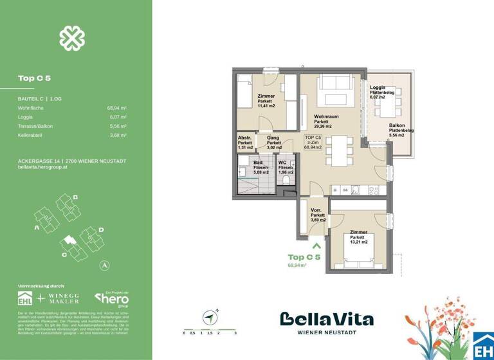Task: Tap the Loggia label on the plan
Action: click(x=378, y=87)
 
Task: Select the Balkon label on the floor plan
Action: click(x=397, y=125)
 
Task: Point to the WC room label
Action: click(x=282, y=163)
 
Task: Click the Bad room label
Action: click(x=257, y=163)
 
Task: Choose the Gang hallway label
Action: click(x=272, y=138)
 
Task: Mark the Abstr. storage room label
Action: click(x=244, y=138)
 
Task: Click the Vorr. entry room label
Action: click(x=317, y=210)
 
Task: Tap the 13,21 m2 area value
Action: click(x=359, y=242)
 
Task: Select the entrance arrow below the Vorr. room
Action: click(x=316, y=244)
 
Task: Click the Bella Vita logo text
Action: click(x=326, y=319)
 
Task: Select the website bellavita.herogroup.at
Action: click(x=44, y=167)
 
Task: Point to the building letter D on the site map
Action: click(x=101, y=230)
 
